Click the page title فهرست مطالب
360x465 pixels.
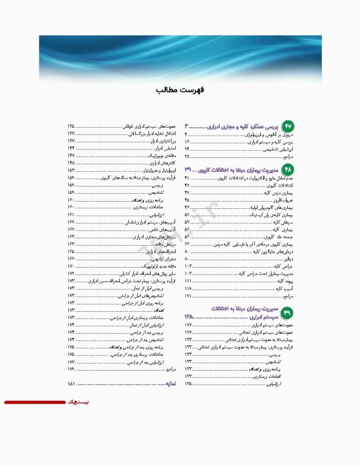(180, 90)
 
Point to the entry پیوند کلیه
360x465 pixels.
(285, 282)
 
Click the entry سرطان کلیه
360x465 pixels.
(285, 223)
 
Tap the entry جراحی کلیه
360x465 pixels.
(285, 266)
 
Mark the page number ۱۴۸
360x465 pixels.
(71, 163)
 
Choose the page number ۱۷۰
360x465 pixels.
(71, 266)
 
